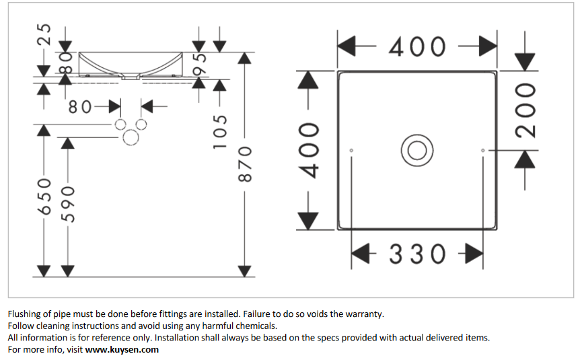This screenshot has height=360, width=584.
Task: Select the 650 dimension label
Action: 44,196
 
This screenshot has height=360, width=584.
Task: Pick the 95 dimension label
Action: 199,65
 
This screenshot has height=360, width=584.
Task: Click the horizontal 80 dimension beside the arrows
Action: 83,106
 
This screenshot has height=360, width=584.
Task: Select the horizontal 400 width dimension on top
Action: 416,46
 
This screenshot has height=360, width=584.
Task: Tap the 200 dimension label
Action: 526,110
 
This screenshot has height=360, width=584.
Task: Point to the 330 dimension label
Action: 417,254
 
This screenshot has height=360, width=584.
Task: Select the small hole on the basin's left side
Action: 352,149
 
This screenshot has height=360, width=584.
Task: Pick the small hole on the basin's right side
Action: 482,149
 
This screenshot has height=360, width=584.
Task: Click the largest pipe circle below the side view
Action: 131,138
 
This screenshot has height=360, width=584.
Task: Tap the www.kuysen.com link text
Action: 122,350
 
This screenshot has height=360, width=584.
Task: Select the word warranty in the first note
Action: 363,314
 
